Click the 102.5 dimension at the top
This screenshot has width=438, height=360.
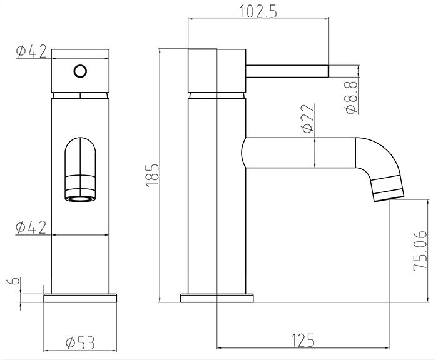click(258, 11)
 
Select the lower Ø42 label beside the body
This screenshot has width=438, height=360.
click(31, 227)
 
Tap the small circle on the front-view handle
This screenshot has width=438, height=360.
click(79, 71)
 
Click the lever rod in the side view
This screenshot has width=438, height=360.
click(288, 69)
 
